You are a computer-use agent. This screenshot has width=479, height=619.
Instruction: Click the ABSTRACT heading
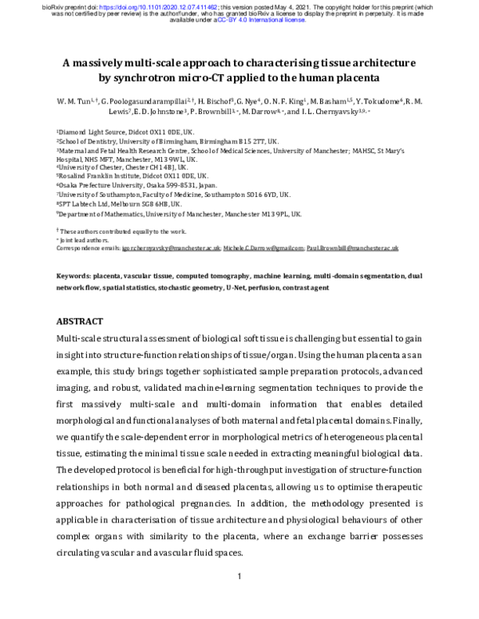click(x=80, y=321)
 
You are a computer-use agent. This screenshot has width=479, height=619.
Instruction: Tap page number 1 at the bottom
click(x=239, y=575)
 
